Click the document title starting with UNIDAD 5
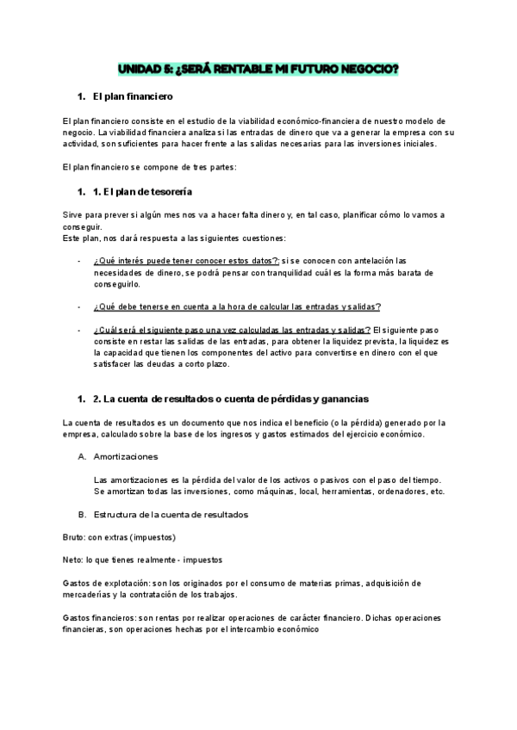click(x=258, y=68)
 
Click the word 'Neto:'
click(x=76, y=560)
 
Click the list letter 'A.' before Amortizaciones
click(x=83, y=455)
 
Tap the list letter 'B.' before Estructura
click(x=83, y=514)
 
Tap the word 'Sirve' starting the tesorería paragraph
click(x=75, y=213)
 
